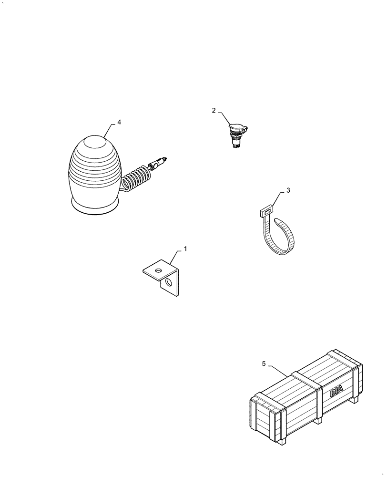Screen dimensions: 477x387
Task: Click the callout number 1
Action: (185, 249)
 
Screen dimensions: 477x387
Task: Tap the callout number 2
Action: (214, 110)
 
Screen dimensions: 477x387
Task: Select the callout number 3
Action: (288, 190)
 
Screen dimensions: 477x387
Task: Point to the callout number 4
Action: (119, 122)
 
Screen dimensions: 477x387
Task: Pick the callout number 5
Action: (264, 364)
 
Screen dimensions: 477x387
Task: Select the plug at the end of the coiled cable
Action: (159, 163)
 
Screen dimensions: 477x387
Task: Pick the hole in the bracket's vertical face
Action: (168, 284)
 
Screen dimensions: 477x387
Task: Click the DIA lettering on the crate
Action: (336, 392)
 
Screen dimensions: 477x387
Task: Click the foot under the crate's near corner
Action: (283, 442)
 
